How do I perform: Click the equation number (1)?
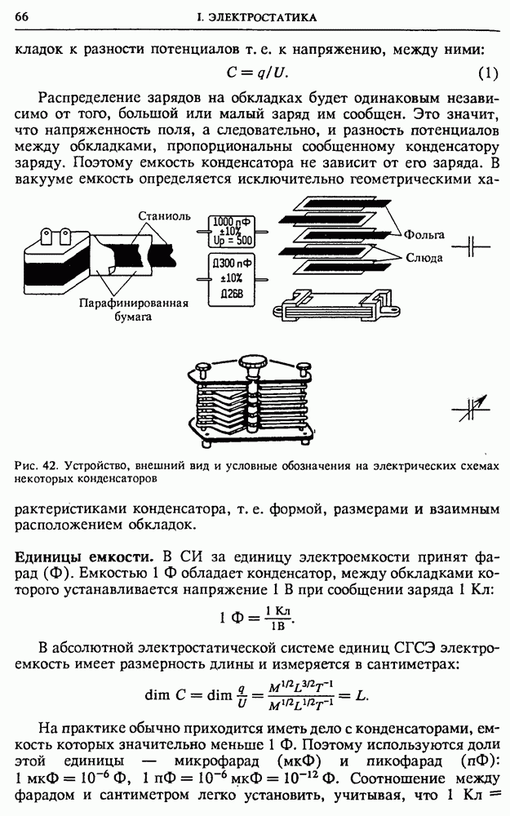click(486, 73)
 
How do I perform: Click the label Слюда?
click(424, 257)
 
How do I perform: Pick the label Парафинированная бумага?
click(132, 309)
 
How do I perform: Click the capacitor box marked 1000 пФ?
click(231, 231)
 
